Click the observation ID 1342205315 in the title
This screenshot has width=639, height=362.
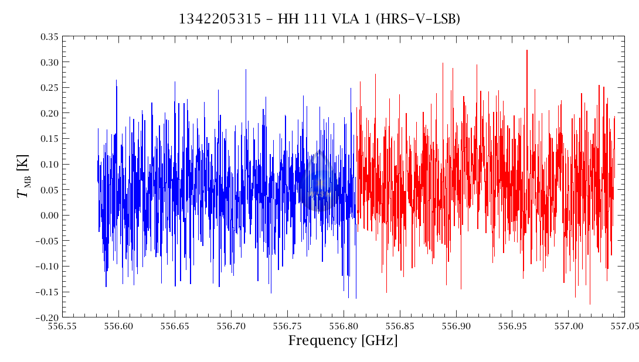[220, 19]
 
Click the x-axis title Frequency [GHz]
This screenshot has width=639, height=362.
[343, 340]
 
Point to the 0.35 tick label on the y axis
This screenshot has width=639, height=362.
[49, 37]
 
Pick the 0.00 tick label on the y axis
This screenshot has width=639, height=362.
[49, 216]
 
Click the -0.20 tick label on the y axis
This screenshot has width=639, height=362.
[47, 317]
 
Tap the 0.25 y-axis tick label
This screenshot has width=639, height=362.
[49, 88]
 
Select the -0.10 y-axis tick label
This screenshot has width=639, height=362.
[47, 267]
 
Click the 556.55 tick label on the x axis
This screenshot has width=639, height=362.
[62, 327]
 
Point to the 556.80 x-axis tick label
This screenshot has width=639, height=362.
[343, 327]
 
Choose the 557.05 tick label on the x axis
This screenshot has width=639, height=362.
[624, 327]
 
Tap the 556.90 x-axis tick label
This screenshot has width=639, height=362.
[456, 327]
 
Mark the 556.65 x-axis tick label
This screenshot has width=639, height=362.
[175, 327]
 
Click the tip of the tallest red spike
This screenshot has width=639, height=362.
[527, 50]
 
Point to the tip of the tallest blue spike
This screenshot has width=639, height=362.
[246, 69]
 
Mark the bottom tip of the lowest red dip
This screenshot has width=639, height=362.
[590, 304]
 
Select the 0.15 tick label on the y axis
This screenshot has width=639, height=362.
[49, 139]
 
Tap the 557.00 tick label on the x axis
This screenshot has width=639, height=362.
[568, 327]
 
